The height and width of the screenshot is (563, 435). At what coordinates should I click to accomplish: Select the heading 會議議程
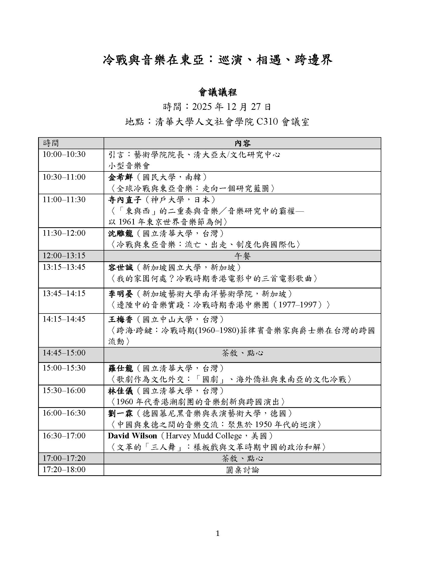(217, 92)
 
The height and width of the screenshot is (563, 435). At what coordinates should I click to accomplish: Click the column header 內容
(242, 143)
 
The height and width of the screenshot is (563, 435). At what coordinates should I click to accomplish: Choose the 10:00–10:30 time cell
(64, 154)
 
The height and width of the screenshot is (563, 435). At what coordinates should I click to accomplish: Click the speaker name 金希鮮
(120, 177)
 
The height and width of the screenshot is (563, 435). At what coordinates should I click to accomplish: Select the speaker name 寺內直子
(124, 200)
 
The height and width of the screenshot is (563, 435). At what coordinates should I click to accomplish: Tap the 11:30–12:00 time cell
(64, 233)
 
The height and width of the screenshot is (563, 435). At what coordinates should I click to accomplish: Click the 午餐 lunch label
(242, 256)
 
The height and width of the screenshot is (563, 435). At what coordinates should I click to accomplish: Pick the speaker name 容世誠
(120, 268)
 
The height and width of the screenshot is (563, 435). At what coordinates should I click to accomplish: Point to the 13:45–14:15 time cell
(64, 294)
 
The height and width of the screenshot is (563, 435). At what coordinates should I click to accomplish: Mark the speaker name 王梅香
(120, 320)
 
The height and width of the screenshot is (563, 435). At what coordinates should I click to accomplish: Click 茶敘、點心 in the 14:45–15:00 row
(242, 353)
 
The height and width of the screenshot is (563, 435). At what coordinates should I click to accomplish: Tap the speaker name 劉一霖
(120, 414)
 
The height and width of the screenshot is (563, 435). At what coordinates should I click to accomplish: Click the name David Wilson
(133, 436)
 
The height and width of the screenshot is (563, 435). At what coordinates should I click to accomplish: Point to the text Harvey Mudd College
(204, 436)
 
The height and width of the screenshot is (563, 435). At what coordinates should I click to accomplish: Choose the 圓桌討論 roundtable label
(242, 470)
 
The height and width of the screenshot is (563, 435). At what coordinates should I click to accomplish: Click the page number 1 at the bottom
(217, 534)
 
